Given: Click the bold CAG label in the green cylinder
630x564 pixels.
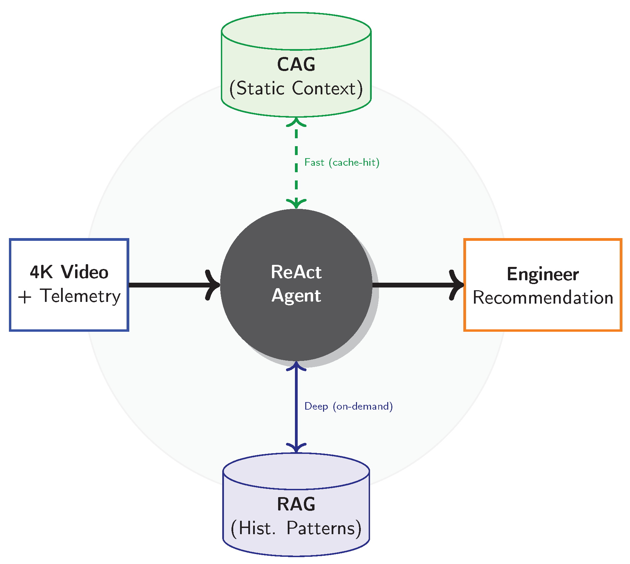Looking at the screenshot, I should pyautogui.click(x=296, y=64).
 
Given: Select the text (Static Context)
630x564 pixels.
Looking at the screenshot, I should pyautogui.click(x=296, y=89).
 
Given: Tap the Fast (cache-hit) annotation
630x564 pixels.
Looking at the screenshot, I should pyautogui.click(x=342, y=162).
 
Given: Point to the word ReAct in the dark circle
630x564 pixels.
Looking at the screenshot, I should pyautogui.click(x=296, y=272).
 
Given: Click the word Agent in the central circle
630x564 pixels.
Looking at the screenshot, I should pyautogui.click(x=296, y=296).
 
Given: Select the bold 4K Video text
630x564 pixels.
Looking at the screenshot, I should pyautogui.click(x=69, y=272).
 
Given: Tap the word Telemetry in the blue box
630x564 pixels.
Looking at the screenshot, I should pyautogui.click(x=80, y=296).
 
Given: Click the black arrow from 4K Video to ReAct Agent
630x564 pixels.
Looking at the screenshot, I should pyautogui.click(x=171, y=285).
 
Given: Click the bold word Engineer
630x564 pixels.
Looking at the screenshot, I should pyautogui.click(x=543, y=274).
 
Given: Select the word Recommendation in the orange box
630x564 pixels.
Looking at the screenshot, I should pyautogui.click(x=543, y=297).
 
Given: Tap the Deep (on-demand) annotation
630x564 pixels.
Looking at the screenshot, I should pyautogui.click(x=348, y=406).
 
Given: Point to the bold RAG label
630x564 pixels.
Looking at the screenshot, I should pyautogui.click(x=296, y=504).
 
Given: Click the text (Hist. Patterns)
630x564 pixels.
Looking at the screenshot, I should pyautogui.click(x=296, y=528).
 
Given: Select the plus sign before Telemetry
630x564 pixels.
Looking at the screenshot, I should pyautogui.click(x=25, y=297).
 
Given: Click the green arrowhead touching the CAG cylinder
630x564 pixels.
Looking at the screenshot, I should pyautogui.click(x=296, y=122).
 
